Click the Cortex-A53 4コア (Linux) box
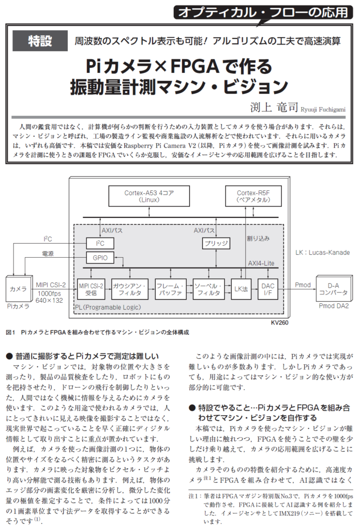149,196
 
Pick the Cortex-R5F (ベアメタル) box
250,196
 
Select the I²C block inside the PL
99,243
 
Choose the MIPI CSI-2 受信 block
91,289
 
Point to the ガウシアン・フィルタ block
130,289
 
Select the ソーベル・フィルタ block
208,289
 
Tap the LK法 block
242,289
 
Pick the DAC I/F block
268,289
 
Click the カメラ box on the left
18,289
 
